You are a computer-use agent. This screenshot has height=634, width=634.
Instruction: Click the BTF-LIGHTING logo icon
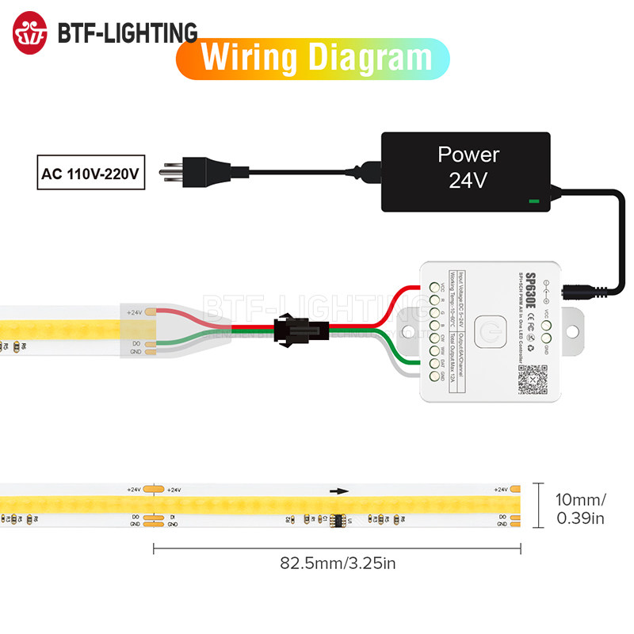tap(30, 32)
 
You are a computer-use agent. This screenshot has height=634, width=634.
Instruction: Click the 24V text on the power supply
tap(468, 181)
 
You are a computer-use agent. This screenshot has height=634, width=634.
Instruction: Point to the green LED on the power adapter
tap(533, 201)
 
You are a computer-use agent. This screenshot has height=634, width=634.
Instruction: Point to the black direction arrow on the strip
tap(339, 491)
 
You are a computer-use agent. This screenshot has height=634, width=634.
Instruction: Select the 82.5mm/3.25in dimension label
tap(338, 564)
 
